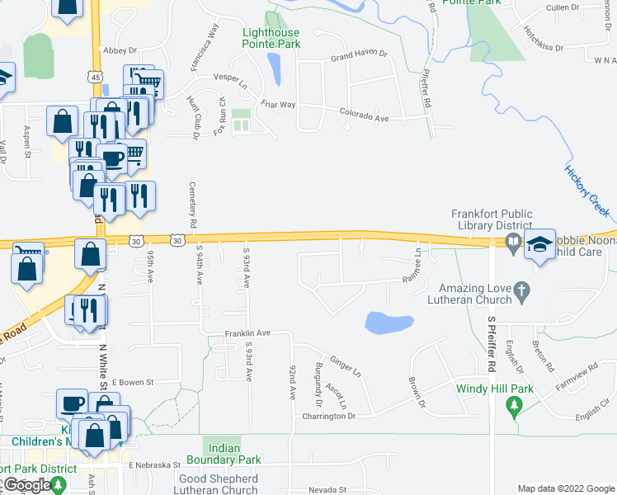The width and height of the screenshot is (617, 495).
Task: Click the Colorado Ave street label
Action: click(x=364, y=116)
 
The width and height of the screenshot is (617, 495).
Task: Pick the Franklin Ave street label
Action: click(x=248, y=332)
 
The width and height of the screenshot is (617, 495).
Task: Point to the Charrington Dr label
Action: click(x=328, y=417)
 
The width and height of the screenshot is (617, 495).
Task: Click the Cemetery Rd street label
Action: click(x=192, y=205)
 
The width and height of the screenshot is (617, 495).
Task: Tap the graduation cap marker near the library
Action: click(x=539, y=244)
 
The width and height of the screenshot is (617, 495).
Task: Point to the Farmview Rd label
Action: click(x=575, y=384)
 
